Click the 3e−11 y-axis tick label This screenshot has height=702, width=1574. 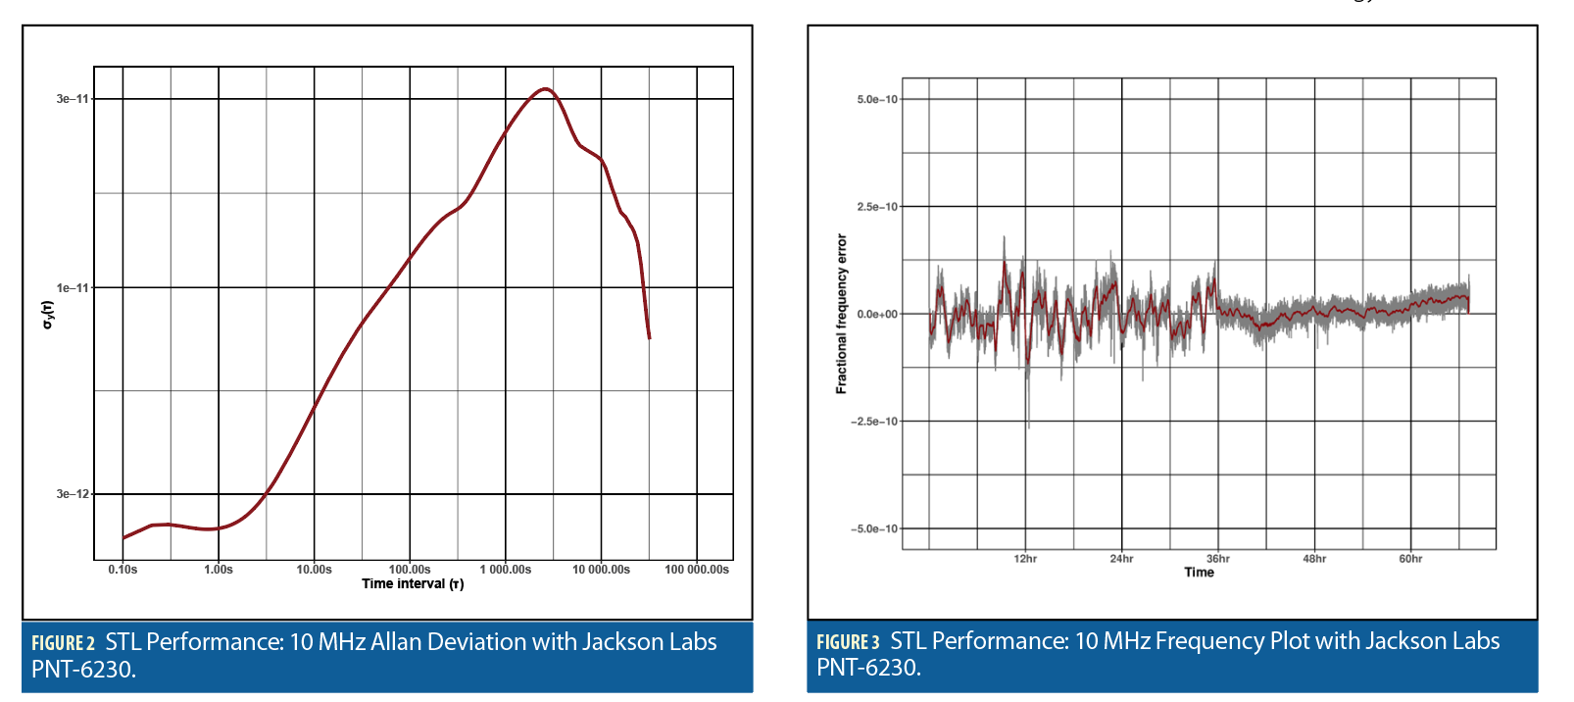[73, 99]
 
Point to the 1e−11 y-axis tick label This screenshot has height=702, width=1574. [73, 288]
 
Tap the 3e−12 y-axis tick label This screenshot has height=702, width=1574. [73, 494]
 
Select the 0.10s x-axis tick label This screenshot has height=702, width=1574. [123, 570]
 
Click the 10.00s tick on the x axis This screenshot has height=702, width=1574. [314, 570]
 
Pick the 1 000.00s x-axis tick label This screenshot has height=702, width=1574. [506, 570]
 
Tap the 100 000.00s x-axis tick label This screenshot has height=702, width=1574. [697, 570]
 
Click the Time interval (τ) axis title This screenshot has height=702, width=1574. [413, 584]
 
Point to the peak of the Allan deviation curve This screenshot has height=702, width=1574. [545, 89]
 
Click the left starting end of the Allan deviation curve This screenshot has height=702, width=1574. [123, 537]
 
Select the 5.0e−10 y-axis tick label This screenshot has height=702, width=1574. [877, 100]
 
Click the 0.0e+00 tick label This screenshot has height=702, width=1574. [877, 315]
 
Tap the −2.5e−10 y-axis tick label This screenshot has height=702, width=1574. [874, 422]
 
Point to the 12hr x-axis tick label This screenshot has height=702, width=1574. [1025, 559]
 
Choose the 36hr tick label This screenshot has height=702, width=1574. [1217, 559]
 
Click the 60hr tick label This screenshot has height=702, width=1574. [1410, 559]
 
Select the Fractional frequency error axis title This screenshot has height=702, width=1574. [841, 314]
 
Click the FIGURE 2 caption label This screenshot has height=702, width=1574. [63, 643]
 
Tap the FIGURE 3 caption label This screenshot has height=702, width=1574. [848, 642]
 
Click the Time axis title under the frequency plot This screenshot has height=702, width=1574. [1199, 573]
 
